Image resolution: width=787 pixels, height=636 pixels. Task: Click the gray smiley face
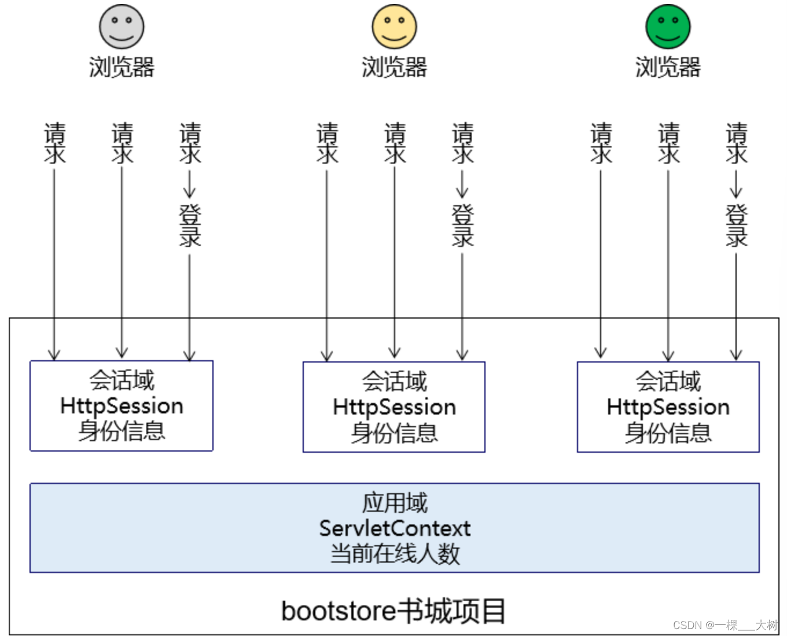tap(122, 27)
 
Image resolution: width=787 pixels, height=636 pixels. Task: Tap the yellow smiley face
tap(394, 27)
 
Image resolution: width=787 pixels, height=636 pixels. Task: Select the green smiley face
tap(668, 27)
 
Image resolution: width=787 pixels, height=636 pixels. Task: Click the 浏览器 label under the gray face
tap(122, 67)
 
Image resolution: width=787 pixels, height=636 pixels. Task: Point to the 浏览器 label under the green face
tap(668, 67)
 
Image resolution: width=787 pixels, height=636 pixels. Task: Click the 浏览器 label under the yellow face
tap(394, 67)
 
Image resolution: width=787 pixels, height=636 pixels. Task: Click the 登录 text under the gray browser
tap(190, 225)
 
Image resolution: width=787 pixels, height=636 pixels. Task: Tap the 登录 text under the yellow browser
tap(462, 225)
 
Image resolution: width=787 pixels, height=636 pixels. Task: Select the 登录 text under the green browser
tap(736, 225)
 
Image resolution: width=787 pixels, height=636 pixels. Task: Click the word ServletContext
tap(395, 528)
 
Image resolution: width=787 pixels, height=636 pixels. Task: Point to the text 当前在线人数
tap(395, 554)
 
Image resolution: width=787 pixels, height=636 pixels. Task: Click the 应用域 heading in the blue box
tap(395, 503)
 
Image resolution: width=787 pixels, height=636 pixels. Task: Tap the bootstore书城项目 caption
tap(394, 611)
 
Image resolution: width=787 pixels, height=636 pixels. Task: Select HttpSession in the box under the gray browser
tap(122, 406)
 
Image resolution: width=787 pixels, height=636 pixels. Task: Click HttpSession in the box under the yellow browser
tap(394, 407)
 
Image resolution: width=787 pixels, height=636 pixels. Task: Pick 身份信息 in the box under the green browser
tap(668, 432)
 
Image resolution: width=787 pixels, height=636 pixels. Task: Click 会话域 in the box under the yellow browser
tap(394, 382)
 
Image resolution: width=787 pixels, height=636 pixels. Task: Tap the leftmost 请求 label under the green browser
tap(601, 142)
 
